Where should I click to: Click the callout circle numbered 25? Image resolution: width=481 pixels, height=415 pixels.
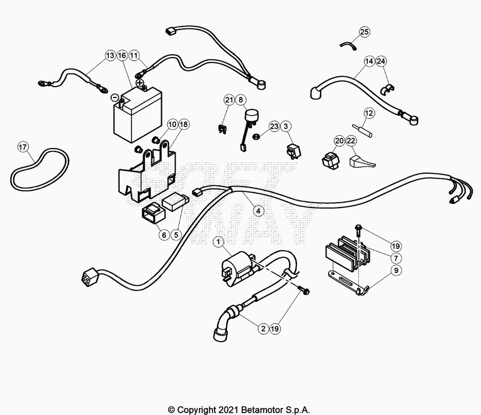[x=365, y=31]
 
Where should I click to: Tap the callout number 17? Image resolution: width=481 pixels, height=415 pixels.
[x=22, y=147]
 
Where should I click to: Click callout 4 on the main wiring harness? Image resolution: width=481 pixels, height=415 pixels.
[x=257, y=211]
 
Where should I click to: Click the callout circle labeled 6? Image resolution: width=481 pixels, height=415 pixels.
[x=163, y=235]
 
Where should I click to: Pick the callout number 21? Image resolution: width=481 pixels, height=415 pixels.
[x=229, y=99]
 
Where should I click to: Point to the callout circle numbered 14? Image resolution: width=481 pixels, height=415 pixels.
[x=369, y=61]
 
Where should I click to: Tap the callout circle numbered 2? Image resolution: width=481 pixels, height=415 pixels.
[x=263, y=329]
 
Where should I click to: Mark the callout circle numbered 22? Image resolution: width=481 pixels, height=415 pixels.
[x=351, y=140]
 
